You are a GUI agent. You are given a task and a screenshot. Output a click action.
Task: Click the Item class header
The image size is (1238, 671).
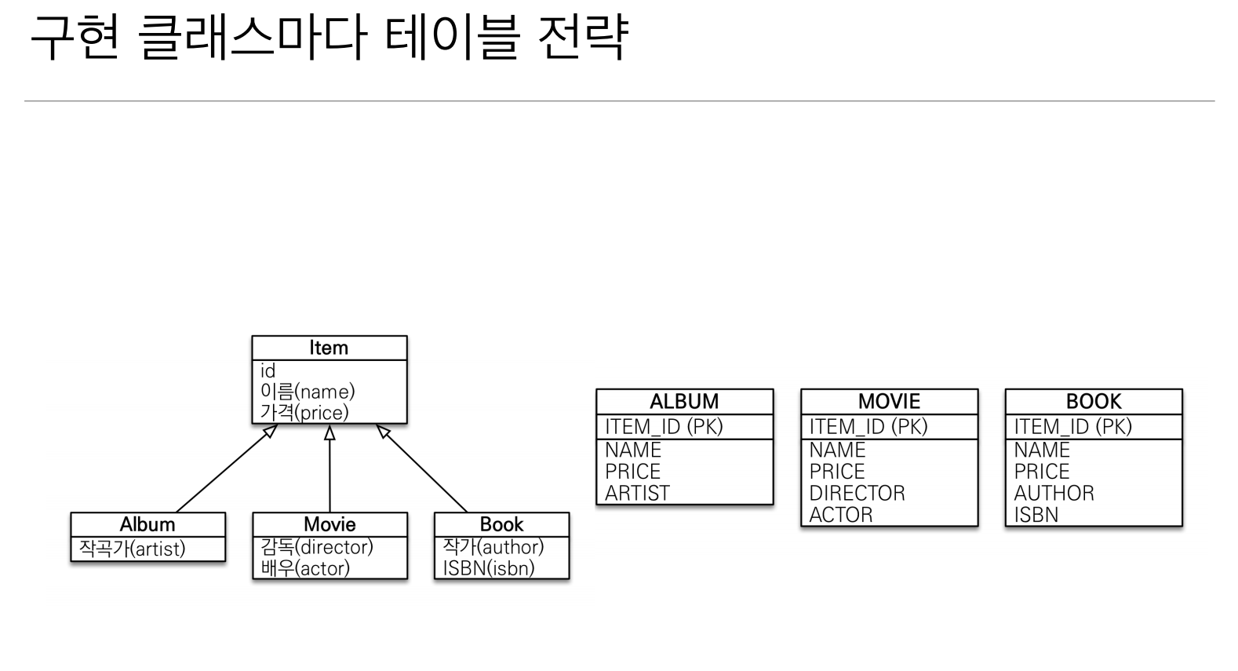[329, 348]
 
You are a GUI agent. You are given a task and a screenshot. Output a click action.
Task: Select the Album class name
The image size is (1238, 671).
[147, 524]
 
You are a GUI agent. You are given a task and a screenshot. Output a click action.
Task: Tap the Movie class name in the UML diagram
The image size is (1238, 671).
[330, 524]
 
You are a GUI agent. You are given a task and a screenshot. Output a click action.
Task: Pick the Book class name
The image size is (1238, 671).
[501, 524]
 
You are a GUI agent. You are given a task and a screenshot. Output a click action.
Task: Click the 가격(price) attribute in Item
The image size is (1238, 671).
[304, 412]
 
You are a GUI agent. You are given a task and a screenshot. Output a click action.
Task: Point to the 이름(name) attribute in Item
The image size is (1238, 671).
[308, 391]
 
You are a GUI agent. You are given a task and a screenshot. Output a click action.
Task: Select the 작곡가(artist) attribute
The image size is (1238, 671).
[133, 549]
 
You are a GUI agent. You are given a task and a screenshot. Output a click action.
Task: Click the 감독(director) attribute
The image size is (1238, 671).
[317, 546]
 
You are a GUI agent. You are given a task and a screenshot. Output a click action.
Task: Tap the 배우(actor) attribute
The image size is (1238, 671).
[305, 567]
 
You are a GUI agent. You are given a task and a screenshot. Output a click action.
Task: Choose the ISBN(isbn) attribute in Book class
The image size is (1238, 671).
[488, 567]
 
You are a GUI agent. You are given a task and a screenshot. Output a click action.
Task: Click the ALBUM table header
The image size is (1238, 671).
[684, 401]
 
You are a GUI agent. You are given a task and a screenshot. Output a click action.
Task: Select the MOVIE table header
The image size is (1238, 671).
[889, 401]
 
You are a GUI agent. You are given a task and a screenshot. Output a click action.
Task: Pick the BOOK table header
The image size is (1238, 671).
[1094, 401]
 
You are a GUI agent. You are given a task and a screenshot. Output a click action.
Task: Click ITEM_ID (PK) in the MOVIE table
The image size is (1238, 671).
[868, 426]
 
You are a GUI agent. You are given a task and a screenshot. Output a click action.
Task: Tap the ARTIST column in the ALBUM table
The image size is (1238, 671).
[637, 493]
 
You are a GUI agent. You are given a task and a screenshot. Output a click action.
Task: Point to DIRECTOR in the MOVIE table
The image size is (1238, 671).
[857, 493]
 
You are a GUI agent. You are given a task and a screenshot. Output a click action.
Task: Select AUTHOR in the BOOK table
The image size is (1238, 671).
[1054, 493]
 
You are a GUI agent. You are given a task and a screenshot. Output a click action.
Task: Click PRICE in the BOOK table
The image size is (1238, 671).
[1042, 471]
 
